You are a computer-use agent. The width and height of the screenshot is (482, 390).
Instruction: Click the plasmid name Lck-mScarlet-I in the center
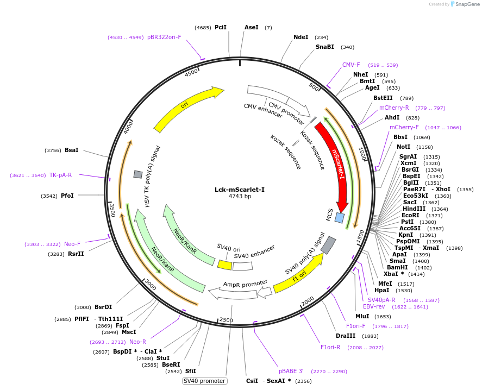pos(240,190)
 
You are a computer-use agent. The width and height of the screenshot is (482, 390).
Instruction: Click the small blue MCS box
pos(340,218)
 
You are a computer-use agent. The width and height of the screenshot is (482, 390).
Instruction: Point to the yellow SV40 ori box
pos(224,265)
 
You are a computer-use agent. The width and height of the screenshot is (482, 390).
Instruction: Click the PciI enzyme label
pos(221,27)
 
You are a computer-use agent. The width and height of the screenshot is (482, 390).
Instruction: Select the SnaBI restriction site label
pos(325,47)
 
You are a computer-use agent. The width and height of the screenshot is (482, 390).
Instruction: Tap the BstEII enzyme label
pos(383,98)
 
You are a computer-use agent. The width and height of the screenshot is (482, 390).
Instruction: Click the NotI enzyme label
pos(403,147)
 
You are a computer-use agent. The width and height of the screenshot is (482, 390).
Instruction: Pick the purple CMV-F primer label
pos(351,65)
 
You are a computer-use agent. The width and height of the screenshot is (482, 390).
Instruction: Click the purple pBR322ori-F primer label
pos(164,37)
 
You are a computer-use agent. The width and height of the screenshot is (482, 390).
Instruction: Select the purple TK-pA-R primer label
pos(60,175)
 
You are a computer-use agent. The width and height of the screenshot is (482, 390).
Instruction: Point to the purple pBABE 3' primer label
pos(291,371)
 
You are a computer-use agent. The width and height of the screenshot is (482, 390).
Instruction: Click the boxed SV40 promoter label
pos(204,381)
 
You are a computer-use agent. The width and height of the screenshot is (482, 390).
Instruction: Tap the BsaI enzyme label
pos(72,150)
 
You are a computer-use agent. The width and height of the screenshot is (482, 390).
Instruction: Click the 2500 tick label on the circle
pos(226,320)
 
